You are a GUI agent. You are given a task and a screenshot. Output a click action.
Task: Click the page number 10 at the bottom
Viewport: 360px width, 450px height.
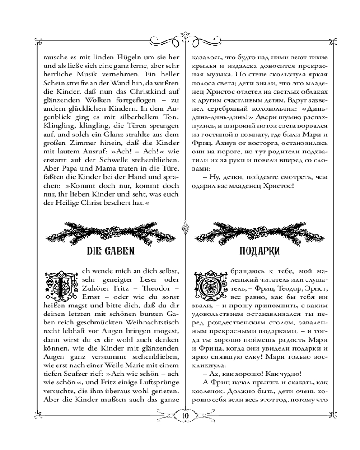click(185, 415)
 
